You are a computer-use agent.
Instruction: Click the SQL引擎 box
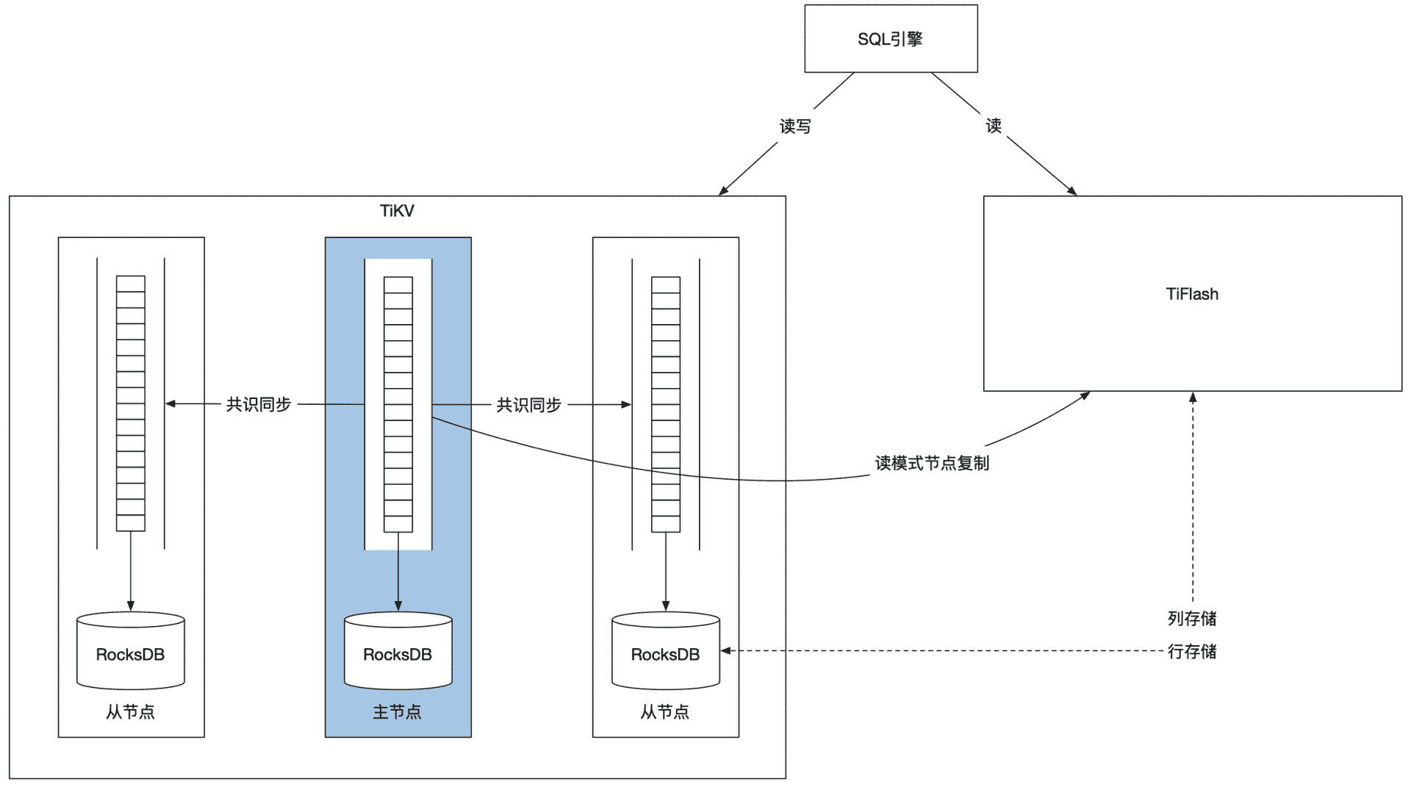tap(891, 39)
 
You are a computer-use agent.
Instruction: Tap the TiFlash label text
tap(1192, 294)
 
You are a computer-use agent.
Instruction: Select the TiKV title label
tap(397, 211)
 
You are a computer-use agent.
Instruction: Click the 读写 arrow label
tap(795, 126)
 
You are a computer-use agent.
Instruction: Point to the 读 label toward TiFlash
tap(994, 126)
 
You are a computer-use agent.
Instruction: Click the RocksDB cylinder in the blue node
tap(398, 652)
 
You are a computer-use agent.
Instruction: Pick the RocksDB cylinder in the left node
tap(131, 652)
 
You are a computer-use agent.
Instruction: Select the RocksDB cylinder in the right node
tap(665, 652)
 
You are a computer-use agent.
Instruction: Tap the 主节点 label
tap(397, 711)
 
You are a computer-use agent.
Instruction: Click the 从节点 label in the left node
tap(130, 711)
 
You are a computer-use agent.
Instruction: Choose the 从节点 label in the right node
tap(665, 711)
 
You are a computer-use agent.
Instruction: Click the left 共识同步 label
tap(259, 404)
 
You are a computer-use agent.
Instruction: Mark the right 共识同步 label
tap(528, 404)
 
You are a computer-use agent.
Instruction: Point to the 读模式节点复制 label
tap(932, 463)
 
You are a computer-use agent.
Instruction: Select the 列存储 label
tap(1192, 619)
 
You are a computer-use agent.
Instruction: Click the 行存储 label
tap(1192, 651)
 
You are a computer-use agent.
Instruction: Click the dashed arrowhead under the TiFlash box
tap(1193, 398)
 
